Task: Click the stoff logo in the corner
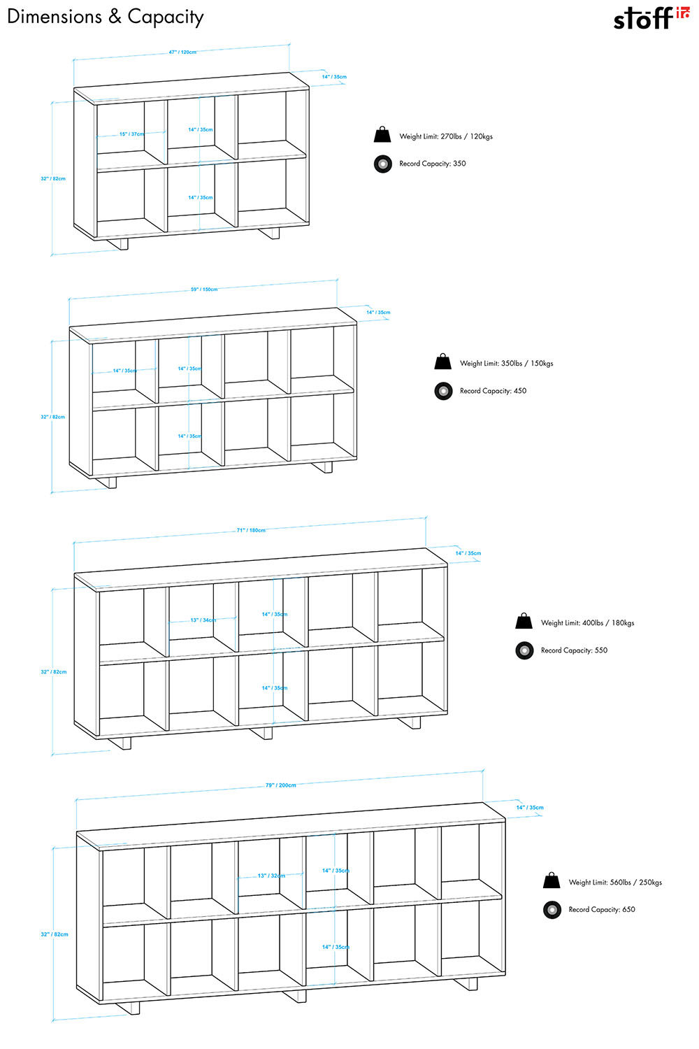pyautogui.click(x=651, y=18)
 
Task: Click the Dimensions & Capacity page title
pyautogui.click(x=106, y=17)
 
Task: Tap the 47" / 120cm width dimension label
pyautogui.click(x=182, y=52)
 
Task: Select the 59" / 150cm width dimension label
pyautogui.click(x=204, y=290)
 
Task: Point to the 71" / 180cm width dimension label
pyautogui.click(x=251, y=530)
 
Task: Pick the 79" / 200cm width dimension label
pyautogui.click(x=280, y=785)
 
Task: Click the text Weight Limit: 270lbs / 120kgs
pyautogui.click(x=446, y=136)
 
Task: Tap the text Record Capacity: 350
pyautogui.click(x=432, y=164)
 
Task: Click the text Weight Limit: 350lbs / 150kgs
pyautogui.click(x=506, y=364)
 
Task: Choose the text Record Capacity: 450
pyautogui.click(x=493, y=391)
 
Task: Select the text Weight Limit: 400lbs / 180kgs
pyautogui.click(x=587, y=623)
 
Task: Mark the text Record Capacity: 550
pyautogui.click(x=574, y=650)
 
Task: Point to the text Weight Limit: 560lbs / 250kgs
pyautogui.click(x=615, y=883)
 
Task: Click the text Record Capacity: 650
pyautogui.click(x=602, y=910)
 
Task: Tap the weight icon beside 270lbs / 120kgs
pyautogui.click(x=382, y=135)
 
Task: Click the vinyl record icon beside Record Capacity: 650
pyautogui.click(x=552, y=910)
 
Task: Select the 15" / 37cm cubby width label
pyautogui.click(x=131, y=134)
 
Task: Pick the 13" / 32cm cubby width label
pyautogui.click(x=271, y=876)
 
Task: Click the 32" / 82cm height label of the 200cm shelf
pyautogui.click(x=55, y=934)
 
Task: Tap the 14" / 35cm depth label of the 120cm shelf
pyautogui.click(x=334, y=77)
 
